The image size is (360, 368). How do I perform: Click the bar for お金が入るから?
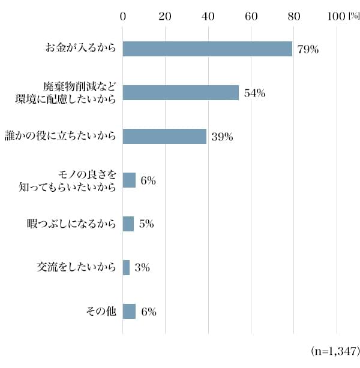pos(207,49)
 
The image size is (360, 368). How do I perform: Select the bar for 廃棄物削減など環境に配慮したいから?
pos(181,92)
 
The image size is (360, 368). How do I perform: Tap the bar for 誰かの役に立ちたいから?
pos(164,136)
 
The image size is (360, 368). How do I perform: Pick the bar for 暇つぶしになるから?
pos(128,224)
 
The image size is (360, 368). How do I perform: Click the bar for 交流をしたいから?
pos(126,267)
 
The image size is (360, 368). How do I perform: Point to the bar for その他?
pos(129,311)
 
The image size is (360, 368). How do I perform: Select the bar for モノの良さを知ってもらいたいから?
pos(129,180)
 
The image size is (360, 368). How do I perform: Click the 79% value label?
pos(307,50)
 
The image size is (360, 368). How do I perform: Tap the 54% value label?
pos(254,93)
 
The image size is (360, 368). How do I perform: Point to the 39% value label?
pos(222,137)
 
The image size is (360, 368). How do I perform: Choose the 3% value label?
pos(142,268)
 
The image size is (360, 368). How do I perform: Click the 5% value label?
pos(147,224)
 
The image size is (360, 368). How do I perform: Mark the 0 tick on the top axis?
pos(123,16)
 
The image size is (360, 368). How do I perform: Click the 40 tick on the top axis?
pos(208,16)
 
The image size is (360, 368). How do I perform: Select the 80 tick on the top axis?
pos(293,16)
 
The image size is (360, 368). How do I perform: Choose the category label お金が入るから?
pos(80,49)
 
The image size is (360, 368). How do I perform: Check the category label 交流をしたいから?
pos(76,267)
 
